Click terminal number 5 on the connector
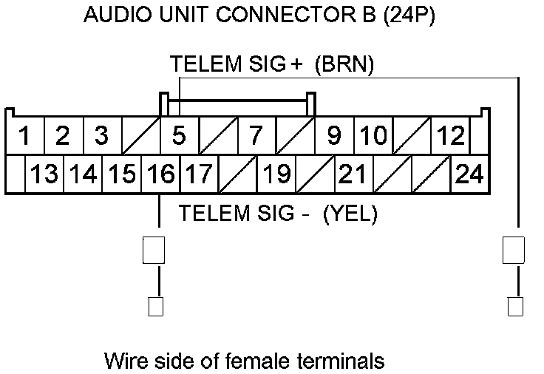pyautogui.click(x=178, y=136)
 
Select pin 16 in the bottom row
pyautogui.click(x=160, y=174)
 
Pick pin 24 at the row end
pyautogui.click(x=469, y=174)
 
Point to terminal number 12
pyautogui.click(x=450, y=136)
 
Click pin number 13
pyautogui.click(x=44, y=174)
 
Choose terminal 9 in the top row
pyautogui.click(x=334, y=136)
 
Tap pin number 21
pyautogui.click(x=353, y=174)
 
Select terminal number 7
pyautogui.click(x=256, y=136)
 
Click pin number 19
pyautogui.click(x=276, y=174)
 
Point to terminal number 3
pyautogui.click(x=102, y=136)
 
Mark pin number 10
pyautogui.click(x=373, y=136)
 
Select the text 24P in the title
pyautogui.click(x=408, y=15)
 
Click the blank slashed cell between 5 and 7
pyautogui.click(x=217, y=136)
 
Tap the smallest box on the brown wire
pyautogui.click(x=515, y=306)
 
